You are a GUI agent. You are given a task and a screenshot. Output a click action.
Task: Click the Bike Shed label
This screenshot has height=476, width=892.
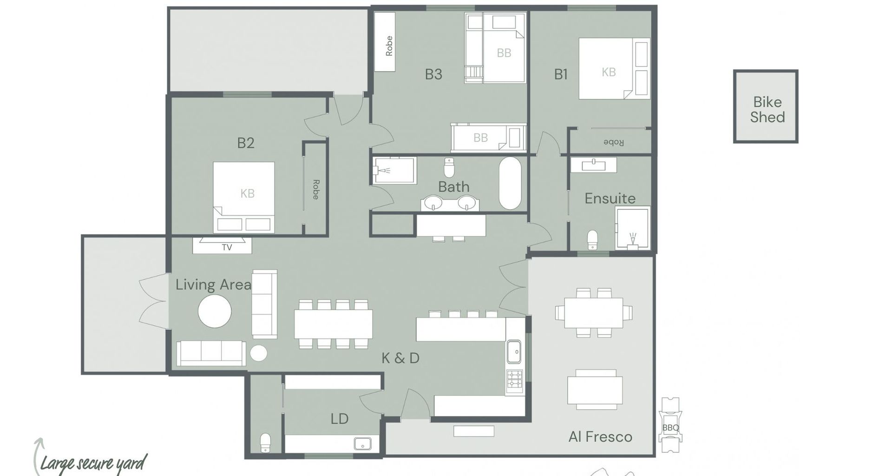tap(767, 110)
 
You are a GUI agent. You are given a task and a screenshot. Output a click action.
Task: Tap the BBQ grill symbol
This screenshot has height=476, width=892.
tap(670, 425)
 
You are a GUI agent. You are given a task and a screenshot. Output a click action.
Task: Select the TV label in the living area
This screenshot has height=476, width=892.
tap(227, 248)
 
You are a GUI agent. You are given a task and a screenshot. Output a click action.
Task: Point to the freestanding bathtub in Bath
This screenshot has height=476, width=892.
tap(510, 184)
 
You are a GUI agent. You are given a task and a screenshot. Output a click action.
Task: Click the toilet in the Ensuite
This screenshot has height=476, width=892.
tap(592, 239)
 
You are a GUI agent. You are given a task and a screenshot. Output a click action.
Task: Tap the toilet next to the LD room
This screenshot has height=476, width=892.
tap(265, 443)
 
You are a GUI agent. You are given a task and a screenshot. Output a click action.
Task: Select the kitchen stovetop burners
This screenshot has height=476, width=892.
tap(514, 379)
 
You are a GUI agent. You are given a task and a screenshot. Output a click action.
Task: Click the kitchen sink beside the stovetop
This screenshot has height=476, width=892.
tap(514, 351)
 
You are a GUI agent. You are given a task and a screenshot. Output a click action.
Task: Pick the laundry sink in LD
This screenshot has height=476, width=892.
tap(362, 443)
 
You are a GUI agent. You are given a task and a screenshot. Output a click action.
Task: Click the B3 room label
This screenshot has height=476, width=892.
tap(433, 74)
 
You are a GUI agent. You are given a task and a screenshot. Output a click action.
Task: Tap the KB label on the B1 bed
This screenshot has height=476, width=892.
tap(609, 72)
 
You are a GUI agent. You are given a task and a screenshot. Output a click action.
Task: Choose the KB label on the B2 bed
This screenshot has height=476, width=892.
tap(247, 193)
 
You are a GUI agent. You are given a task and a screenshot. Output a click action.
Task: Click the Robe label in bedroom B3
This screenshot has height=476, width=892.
tap(389, 46)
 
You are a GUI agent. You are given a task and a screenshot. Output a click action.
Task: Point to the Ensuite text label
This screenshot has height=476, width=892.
tap(610, 198)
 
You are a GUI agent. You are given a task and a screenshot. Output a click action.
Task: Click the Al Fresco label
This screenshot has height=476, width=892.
tap(600, 437)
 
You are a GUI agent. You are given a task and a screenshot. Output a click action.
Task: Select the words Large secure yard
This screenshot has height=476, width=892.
tap(93, 463)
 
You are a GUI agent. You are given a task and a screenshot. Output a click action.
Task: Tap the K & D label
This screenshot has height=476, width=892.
tap(400, 358)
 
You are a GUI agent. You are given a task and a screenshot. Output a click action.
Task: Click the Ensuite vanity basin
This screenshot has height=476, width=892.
tap(593, 165)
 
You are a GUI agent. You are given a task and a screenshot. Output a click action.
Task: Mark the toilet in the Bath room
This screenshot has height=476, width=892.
tap(449, 168)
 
